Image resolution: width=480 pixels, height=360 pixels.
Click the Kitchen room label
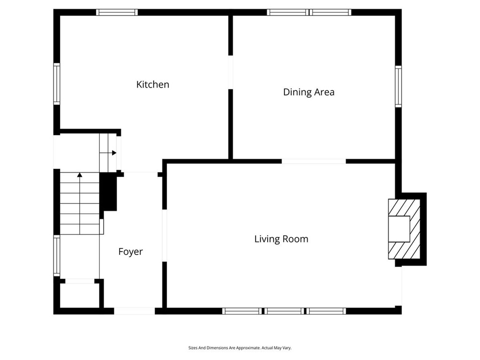(152, 84)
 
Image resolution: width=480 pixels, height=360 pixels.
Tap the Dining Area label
(308, 92)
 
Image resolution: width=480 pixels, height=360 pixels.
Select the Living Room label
(281, 239)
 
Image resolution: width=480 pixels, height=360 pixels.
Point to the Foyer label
(130, 252)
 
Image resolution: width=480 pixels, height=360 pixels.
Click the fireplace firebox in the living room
(399, 229)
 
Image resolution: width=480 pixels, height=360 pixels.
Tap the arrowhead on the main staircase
(80, 175)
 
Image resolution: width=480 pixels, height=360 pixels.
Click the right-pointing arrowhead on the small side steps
(114, 153)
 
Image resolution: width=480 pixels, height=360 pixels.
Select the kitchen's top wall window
(117, 12)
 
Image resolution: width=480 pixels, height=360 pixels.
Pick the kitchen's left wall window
(57, 84)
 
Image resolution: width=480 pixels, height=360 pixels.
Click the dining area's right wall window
(398, 86)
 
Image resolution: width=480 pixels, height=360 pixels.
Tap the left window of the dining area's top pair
(288, 12)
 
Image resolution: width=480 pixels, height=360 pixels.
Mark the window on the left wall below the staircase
(57, 255)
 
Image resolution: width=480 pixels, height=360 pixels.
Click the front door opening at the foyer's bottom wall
(135, 311)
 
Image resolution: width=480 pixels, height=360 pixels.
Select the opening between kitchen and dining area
(231, 72)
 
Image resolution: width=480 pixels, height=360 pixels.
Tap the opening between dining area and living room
(314, 161)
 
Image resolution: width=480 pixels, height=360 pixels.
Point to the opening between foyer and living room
(165, 235)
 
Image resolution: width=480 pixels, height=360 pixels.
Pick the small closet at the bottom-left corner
(80, 295)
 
